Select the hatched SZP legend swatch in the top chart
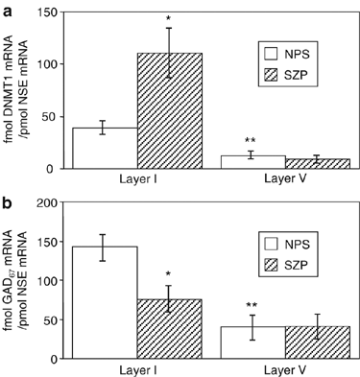click(274, 74)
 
